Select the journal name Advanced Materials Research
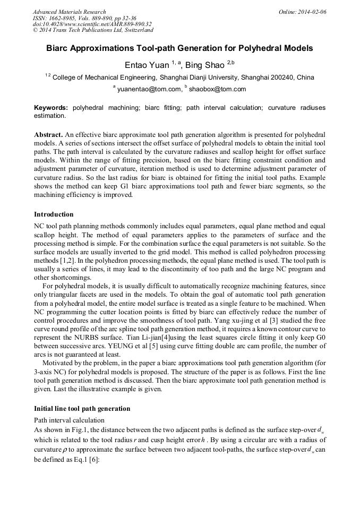click(69, 12)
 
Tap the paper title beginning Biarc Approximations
click(179, 48)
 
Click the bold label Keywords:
click(51, 108)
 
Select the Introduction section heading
click(54, 214)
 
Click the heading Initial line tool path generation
click(82, 409)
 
